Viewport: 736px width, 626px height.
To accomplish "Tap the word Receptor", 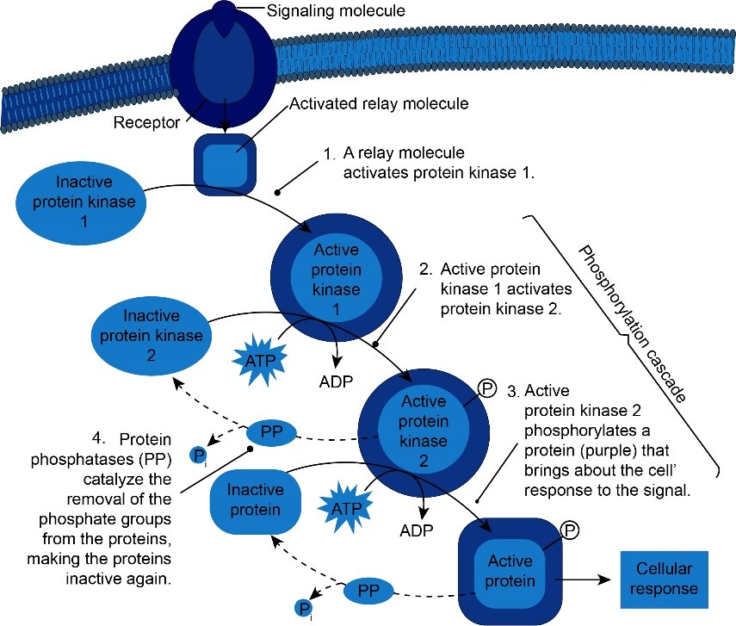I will [146, 122].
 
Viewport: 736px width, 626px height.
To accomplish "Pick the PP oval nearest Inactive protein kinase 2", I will [271, 431].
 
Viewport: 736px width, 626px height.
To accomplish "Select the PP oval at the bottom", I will [368, 592].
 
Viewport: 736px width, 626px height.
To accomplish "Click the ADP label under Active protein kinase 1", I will [336, 381].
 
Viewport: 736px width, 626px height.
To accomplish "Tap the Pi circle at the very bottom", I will [303, 610].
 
